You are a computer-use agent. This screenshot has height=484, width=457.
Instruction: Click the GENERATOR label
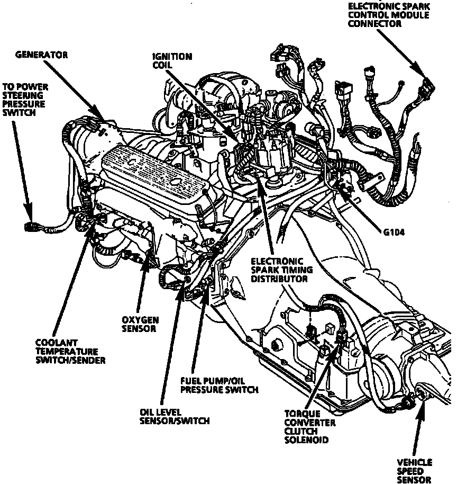point(41,55)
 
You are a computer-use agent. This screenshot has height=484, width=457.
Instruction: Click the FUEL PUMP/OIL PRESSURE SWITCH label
point(219,385)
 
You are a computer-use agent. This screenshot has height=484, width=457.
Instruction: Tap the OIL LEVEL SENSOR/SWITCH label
point(175,416)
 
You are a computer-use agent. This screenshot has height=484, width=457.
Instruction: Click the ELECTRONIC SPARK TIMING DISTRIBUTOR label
point(279,270)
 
